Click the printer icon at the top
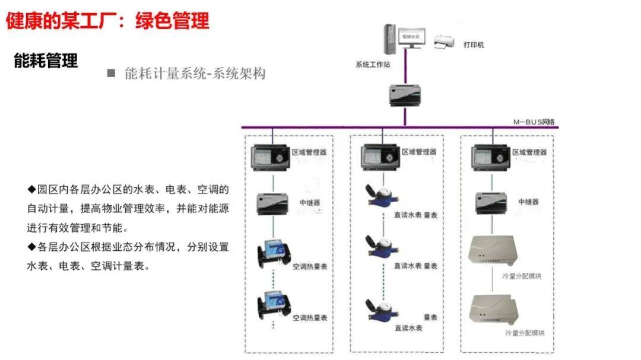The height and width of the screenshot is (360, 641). (x=445, y=42)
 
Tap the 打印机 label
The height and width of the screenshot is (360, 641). (x=472, y=44)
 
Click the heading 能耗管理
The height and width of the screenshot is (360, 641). (x=46, y=61)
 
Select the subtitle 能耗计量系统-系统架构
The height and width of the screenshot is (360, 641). (x=195, y=74)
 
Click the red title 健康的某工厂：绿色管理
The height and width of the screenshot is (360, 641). (x=107, y=21)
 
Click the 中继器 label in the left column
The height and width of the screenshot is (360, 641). (x=309, y=202)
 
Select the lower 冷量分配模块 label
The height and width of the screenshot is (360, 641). (x=523, y=333)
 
